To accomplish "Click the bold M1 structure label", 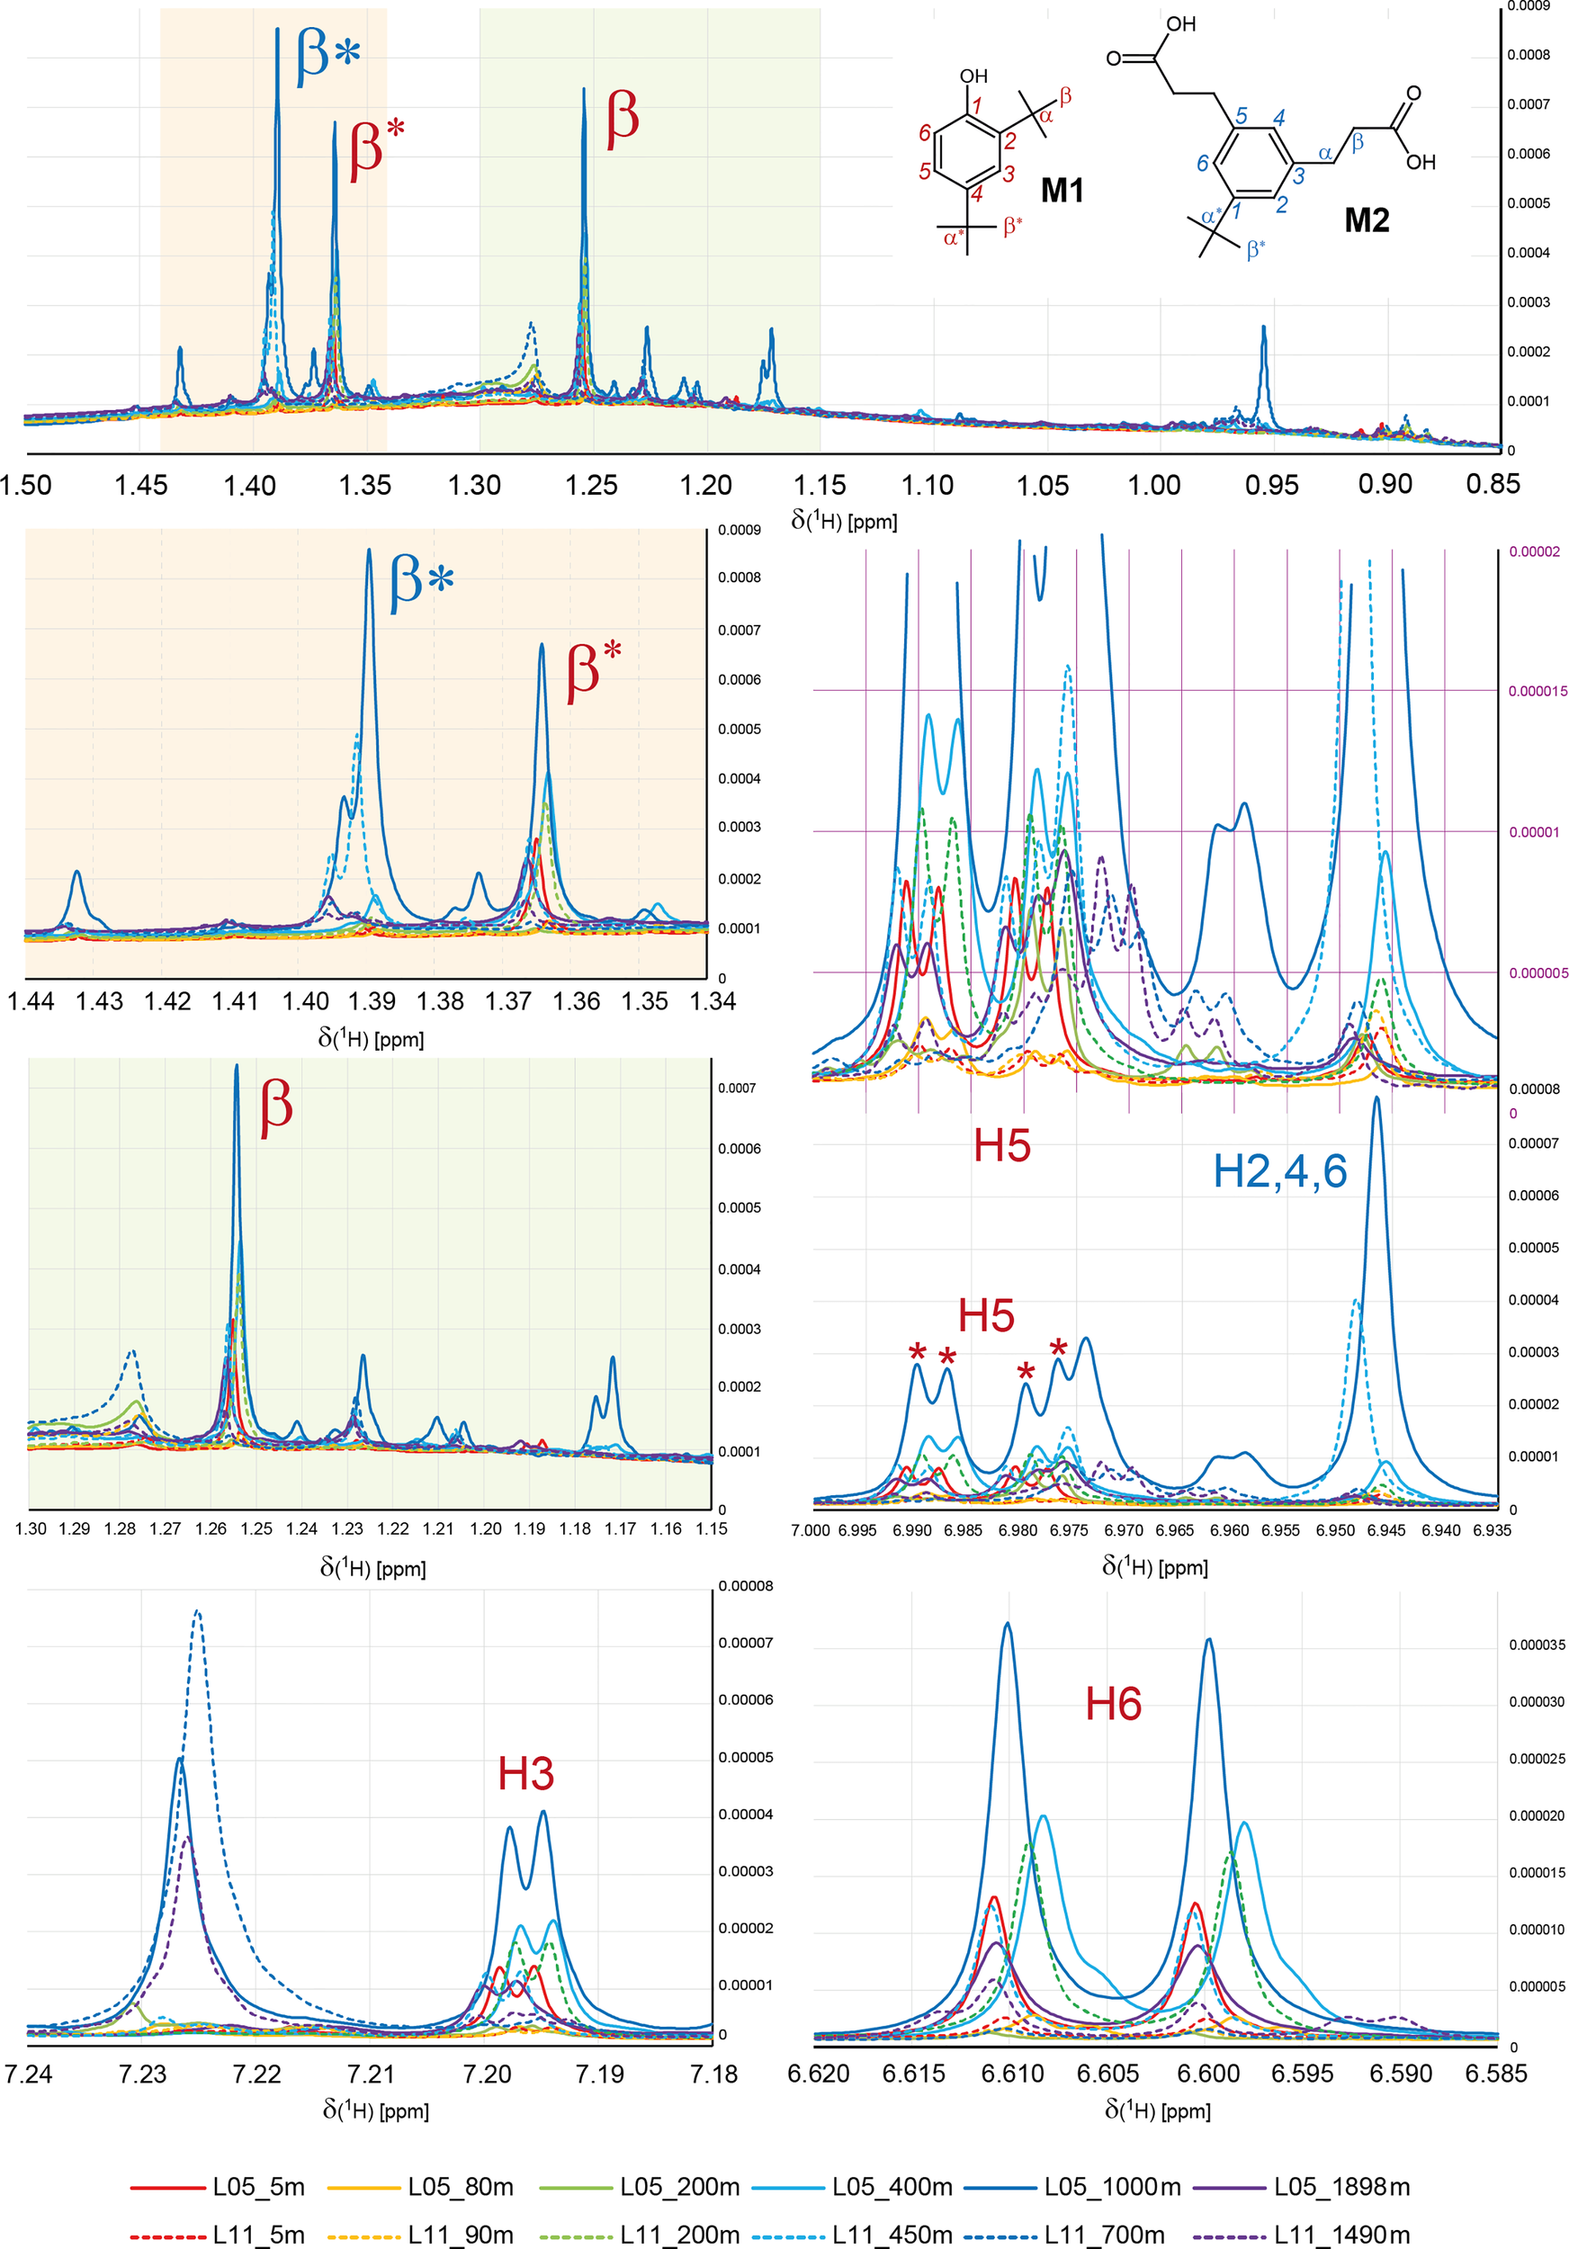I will pos(1062,190).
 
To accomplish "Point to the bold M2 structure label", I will pos(1367,220).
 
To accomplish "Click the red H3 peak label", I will pos(526,1774).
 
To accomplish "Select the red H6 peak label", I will pos(1114,1705).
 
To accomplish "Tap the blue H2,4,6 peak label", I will pos(1280,1171).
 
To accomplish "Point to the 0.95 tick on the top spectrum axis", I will pos(1271,485).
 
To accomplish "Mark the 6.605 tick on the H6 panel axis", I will pos(1107,2074).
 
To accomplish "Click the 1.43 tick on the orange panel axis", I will pos(100,1001).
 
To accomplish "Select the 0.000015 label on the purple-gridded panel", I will pos(1538,692).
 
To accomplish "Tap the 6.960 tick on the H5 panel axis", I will pos(1229,1531).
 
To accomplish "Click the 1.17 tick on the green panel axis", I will pos(620,1529).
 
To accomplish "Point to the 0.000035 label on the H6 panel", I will pos(1537,1645).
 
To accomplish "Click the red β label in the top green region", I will pos(623,118).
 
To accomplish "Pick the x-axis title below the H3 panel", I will pos(376,2110).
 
